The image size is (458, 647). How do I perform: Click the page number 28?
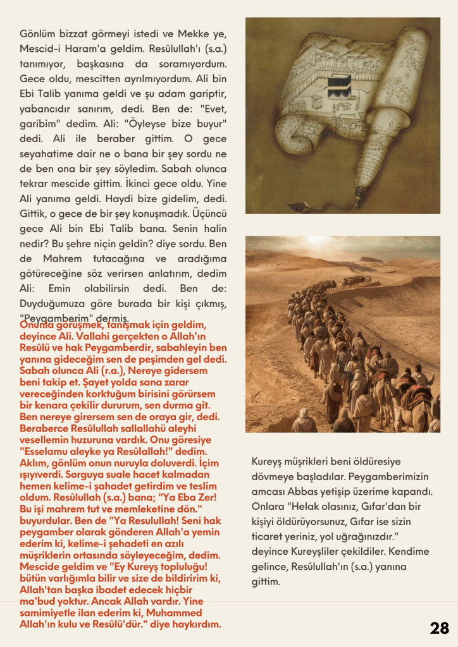[439, 627]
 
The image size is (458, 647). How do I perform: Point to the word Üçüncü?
[206, 214]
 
